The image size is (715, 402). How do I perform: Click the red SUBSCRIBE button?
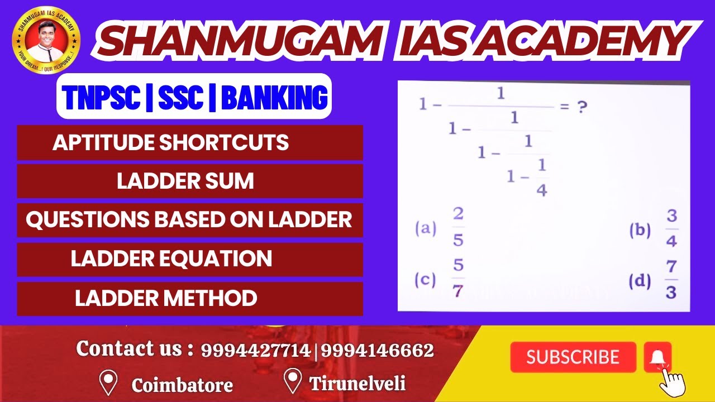pyautogui.click(x=573, y=357)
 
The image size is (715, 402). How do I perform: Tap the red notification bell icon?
pyautogui.click(x=657, y=357)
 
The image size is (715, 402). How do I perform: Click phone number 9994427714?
pyautogui.click(x=255, y=351)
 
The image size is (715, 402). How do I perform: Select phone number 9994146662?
pyautogui.click(x=377, y=351)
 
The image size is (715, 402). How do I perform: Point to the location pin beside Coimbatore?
pyautogui.click(x=107, y=382)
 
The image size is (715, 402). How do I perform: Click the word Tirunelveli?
pyautogui.click(x=357, y=384)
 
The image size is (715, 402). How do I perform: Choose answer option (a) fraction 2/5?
pyautogui.click(x=458, y=228)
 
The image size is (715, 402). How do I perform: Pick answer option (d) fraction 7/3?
pyautogui.click(x=671, y=279)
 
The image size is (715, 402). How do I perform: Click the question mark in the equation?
pyautogui.click(x=582, y=107)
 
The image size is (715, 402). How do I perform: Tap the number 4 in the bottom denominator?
pyautogui.click(x=541, y=190)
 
